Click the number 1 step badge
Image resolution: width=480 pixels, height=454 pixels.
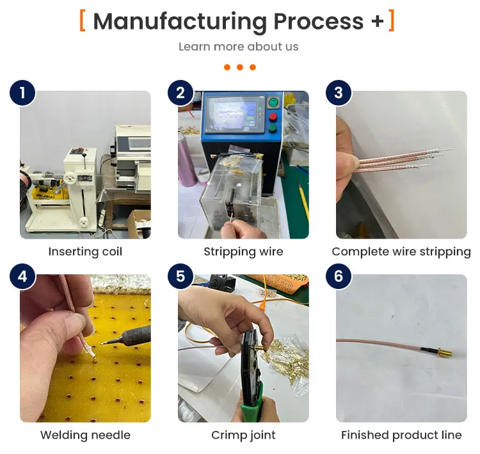22,93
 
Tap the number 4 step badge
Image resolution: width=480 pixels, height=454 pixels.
22,276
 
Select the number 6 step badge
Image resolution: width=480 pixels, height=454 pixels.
339,276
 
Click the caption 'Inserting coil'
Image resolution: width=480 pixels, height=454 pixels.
85,252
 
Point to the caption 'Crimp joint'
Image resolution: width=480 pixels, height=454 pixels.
243,435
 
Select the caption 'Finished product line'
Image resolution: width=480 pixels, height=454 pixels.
401,435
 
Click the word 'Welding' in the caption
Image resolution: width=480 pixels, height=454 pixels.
63,435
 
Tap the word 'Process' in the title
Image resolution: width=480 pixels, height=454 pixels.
318,21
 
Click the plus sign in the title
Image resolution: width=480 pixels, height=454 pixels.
377,21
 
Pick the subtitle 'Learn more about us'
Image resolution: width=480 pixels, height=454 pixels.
239,47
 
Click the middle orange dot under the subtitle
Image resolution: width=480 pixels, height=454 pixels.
240,67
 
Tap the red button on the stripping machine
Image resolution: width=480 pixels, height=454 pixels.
273,117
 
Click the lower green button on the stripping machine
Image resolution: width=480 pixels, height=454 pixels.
273,129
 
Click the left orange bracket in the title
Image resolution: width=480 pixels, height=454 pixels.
83,20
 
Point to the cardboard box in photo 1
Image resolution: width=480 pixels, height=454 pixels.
140,223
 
